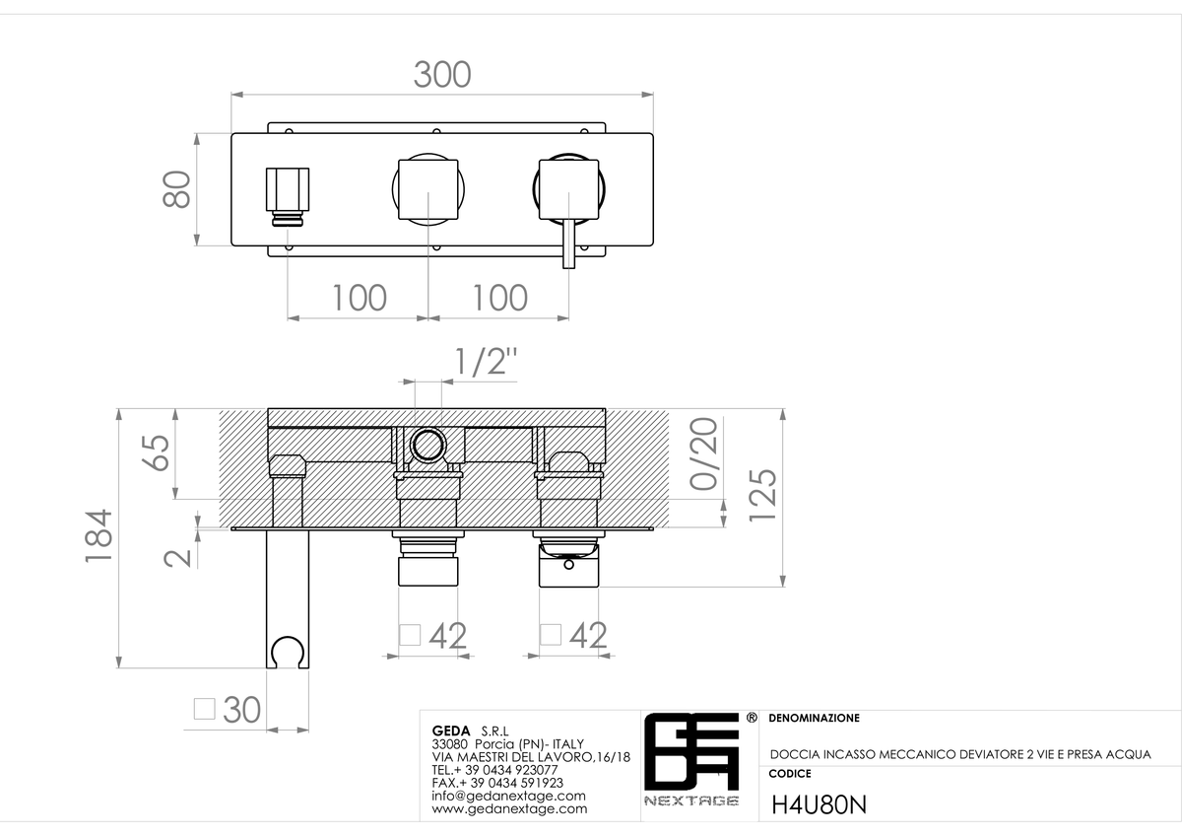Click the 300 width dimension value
[442, 75]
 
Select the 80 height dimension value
[176, 189]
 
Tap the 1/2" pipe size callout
[486, 361]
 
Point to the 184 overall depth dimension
[98, 536]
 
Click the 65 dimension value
[156, 453]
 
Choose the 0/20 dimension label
[704, 453]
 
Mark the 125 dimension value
[763, 495]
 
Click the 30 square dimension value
[241, 709]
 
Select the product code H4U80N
[819, 804]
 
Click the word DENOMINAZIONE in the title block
[815, 719]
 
